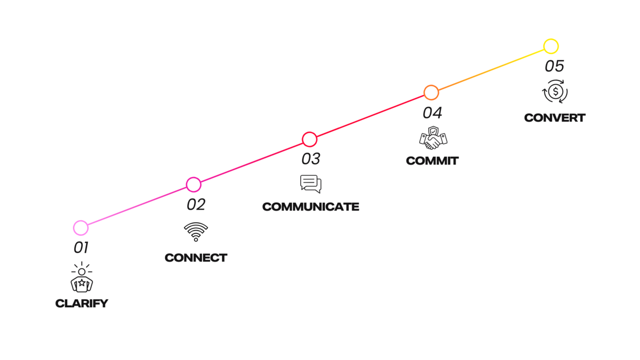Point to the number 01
point(81,247)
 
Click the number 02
point(196,205)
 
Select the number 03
point(311,159)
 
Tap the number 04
point(433,113)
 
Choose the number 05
point(554,66)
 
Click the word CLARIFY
point(82,303)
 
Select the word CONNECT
point(196,258)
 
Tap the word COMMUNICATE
point(311,207)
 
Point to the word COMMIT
point(433,161)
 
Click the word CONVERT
point(555,118)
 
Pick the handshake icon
point(433,141)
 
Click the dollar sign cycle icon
point(555,92)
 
